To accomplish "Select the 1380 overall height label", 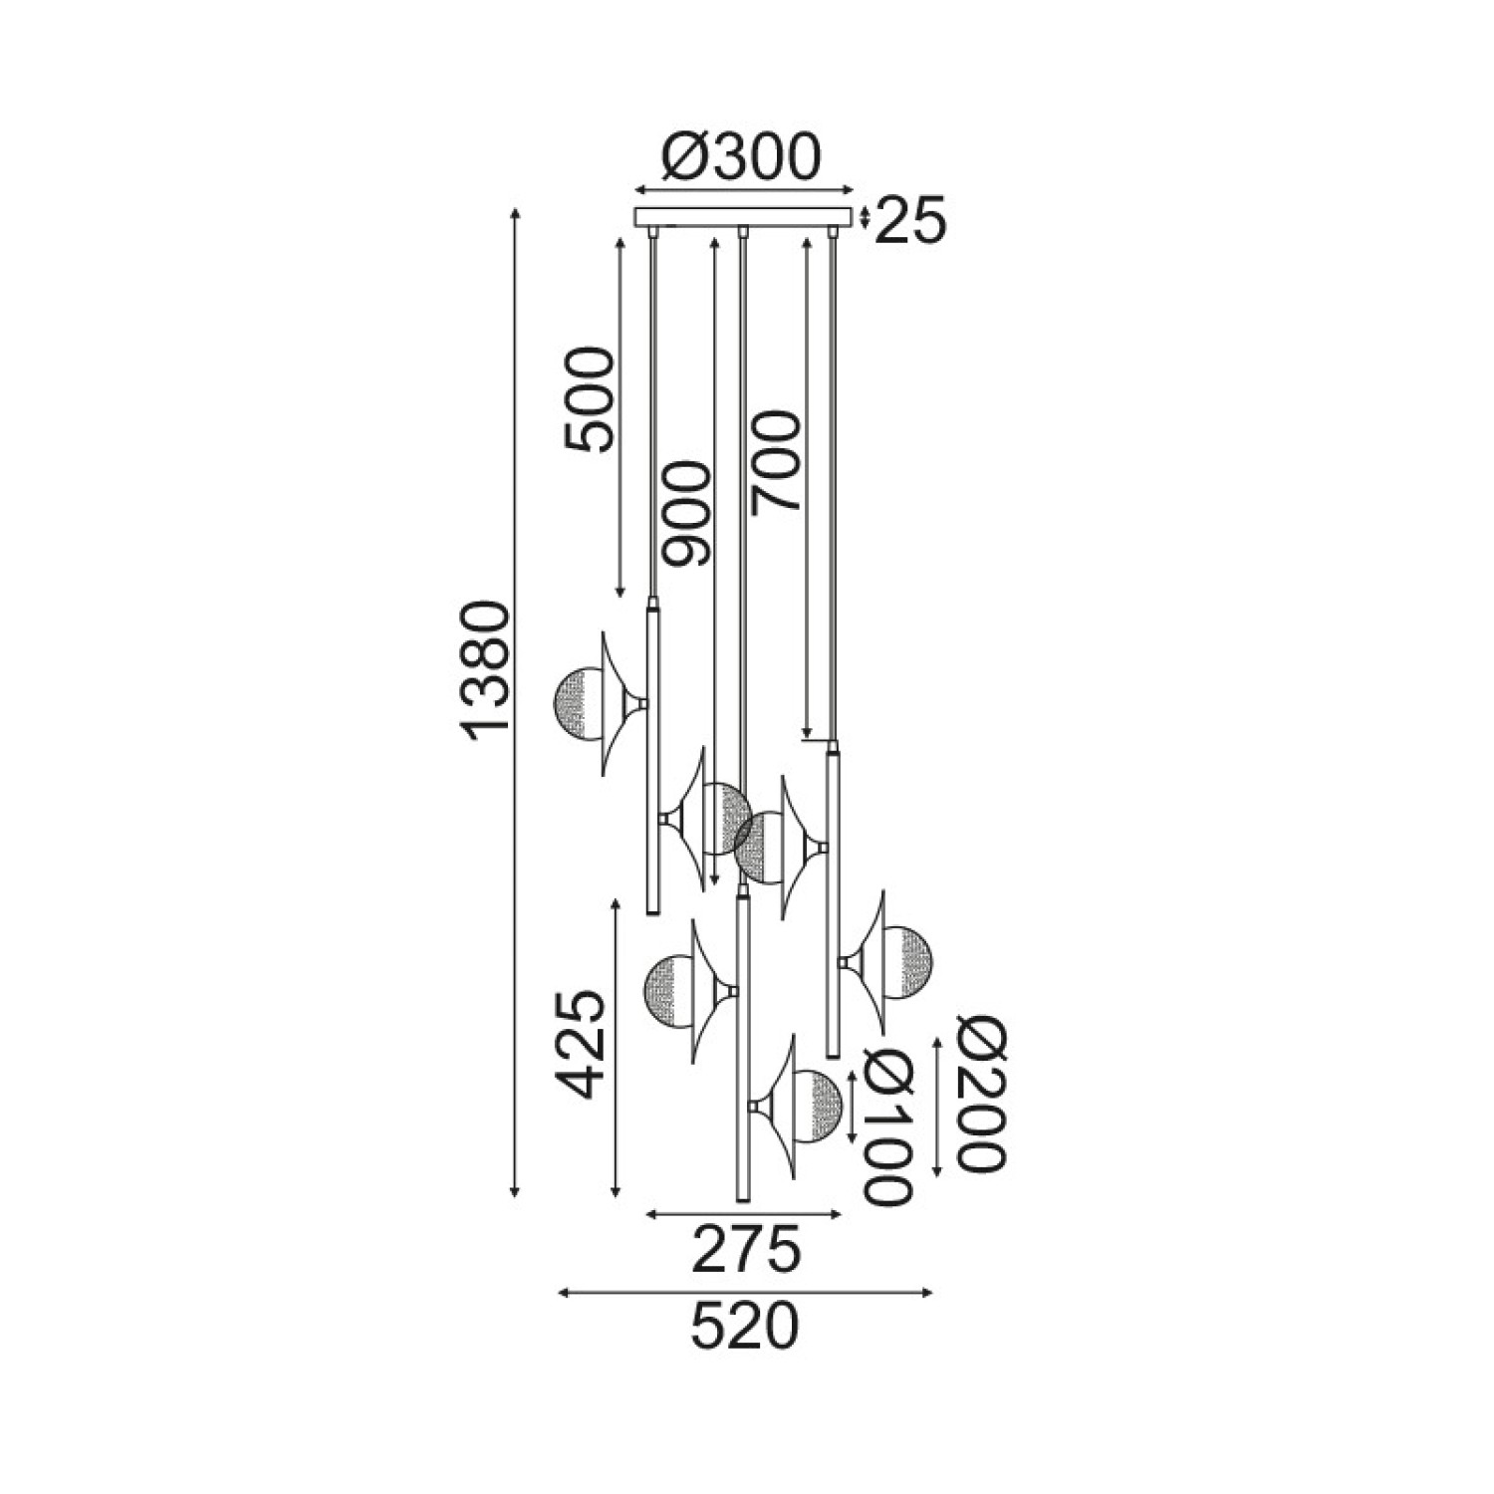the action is point(490,669).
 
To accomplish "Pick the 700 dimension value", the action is point(776,462).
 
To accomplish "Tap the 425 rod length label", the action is point(582,1045).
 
